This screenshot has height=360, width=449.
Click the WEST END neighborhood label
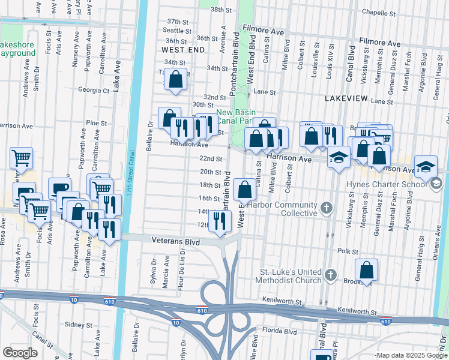pyautogui.click(x=184, y=51)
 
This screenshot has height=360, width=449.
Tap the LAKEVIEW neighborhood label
pyautogui.click(x=345, y=97)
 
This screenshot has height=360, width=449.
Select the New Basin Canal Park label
pyautogui.click(x=236, y=116)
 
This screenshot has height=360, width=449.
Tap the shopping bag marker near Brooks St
pyautogui.click(x=366, y=271)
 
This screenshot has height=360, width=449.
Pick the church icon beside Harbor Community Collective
pyautogui.click(x=326, y=208)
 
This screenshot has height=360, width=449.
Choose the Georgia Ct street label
pyautogui.click(x=94, y=91)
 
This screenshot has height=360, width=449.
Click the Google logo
pyautogui.click(x=20, y=353)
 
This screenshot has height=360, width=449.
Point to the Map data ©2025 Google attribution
pyautogui.click(x=411, y=355)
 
